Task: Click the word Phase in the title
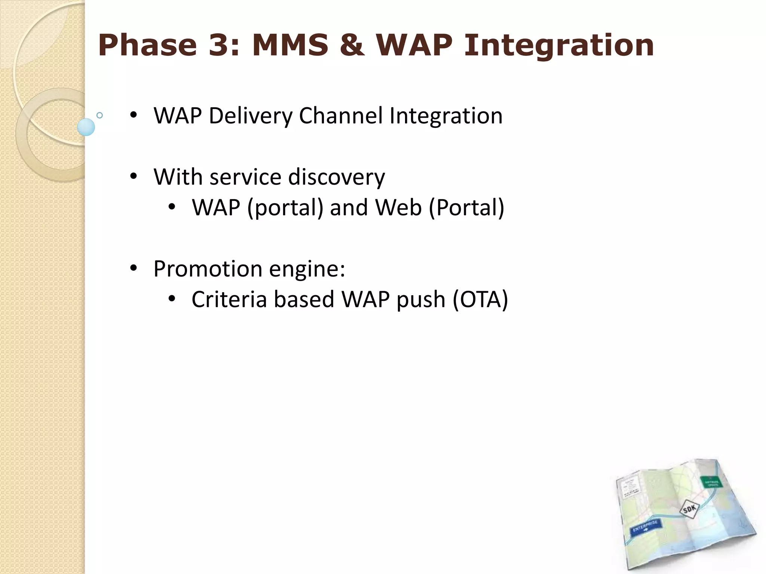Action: [x=147, y=45]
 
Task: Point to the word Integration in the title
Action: [x=559, y=46]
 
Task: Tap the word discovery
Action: [x=336, y=177]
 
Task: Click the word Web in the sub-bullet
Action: [x=398, y=207]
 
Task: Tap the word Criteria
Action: [x=229, y=299]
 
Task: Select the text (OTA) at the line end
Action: [x=480, y=300]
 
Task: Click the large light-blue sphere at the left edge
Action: [x=86, y=127]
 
